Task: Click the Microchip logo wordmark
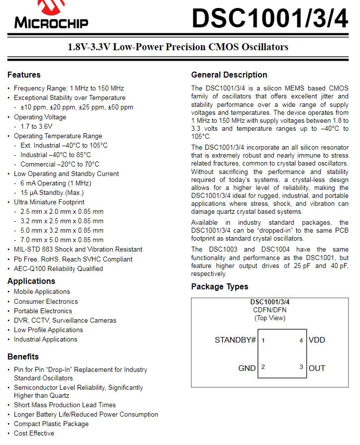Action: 51,22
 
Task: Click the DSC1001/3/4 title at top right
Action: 270,18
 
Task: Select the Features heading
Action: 24,75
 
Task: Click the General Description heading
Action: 229,75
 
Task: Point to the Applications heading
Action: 31,281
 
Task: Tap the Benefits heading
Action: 23,357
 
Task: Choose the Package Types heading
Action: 220,287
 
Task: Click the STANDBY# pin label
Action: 235,340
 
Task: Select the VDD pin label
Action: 317,340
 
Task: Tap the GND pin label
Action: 247,368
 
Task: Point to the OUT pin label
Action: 317,368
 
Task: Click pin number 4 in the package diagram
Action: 301,341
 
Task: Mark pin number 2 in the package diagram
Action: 263,367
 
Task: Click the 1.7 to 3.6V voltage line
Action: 36,126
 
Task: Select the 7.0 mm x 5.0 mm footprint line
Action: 62,240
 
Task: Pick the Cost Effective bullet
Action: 34,434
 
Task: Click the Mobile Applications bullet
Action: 42,292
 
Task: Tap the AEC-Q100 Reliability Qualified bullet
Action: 58,268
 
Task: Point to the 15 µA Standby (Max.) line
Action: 52,192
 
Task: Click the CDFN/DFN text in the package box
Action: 270,310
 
